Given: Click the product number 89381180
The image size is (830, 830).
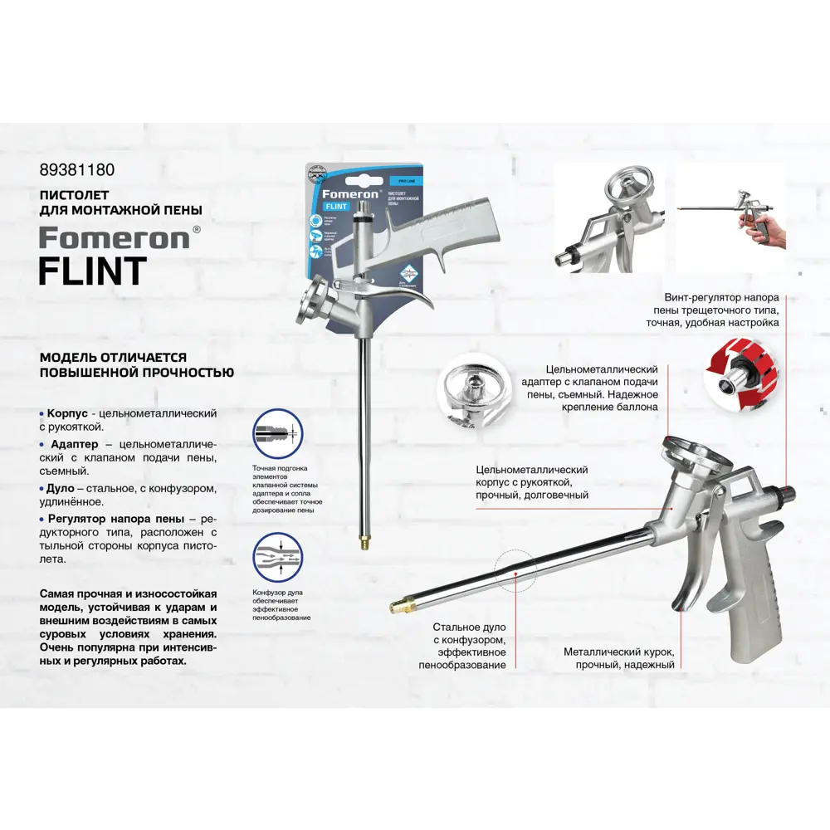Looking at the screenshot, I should coord(77,170).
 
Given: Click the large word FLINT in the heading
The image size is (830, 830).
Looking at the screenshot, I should coord(93,271).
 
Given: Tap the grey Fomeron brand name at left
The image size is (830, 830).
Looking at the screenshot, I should coord(115,238).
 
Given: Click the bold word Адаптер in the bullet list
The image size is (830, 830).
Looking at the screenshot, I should coord(72,444).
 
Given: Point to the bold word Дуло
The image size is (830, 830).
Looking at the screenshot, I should coord(62,488).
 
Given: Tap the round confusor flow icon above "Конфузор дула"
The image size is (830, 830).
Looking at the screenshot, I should coord(277,556).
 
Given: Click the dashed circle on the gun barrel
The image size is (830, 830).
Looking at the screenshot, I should coord(515,570).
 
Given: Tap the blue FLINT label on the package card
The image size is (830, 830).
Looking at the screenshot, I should coord(335,206).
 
